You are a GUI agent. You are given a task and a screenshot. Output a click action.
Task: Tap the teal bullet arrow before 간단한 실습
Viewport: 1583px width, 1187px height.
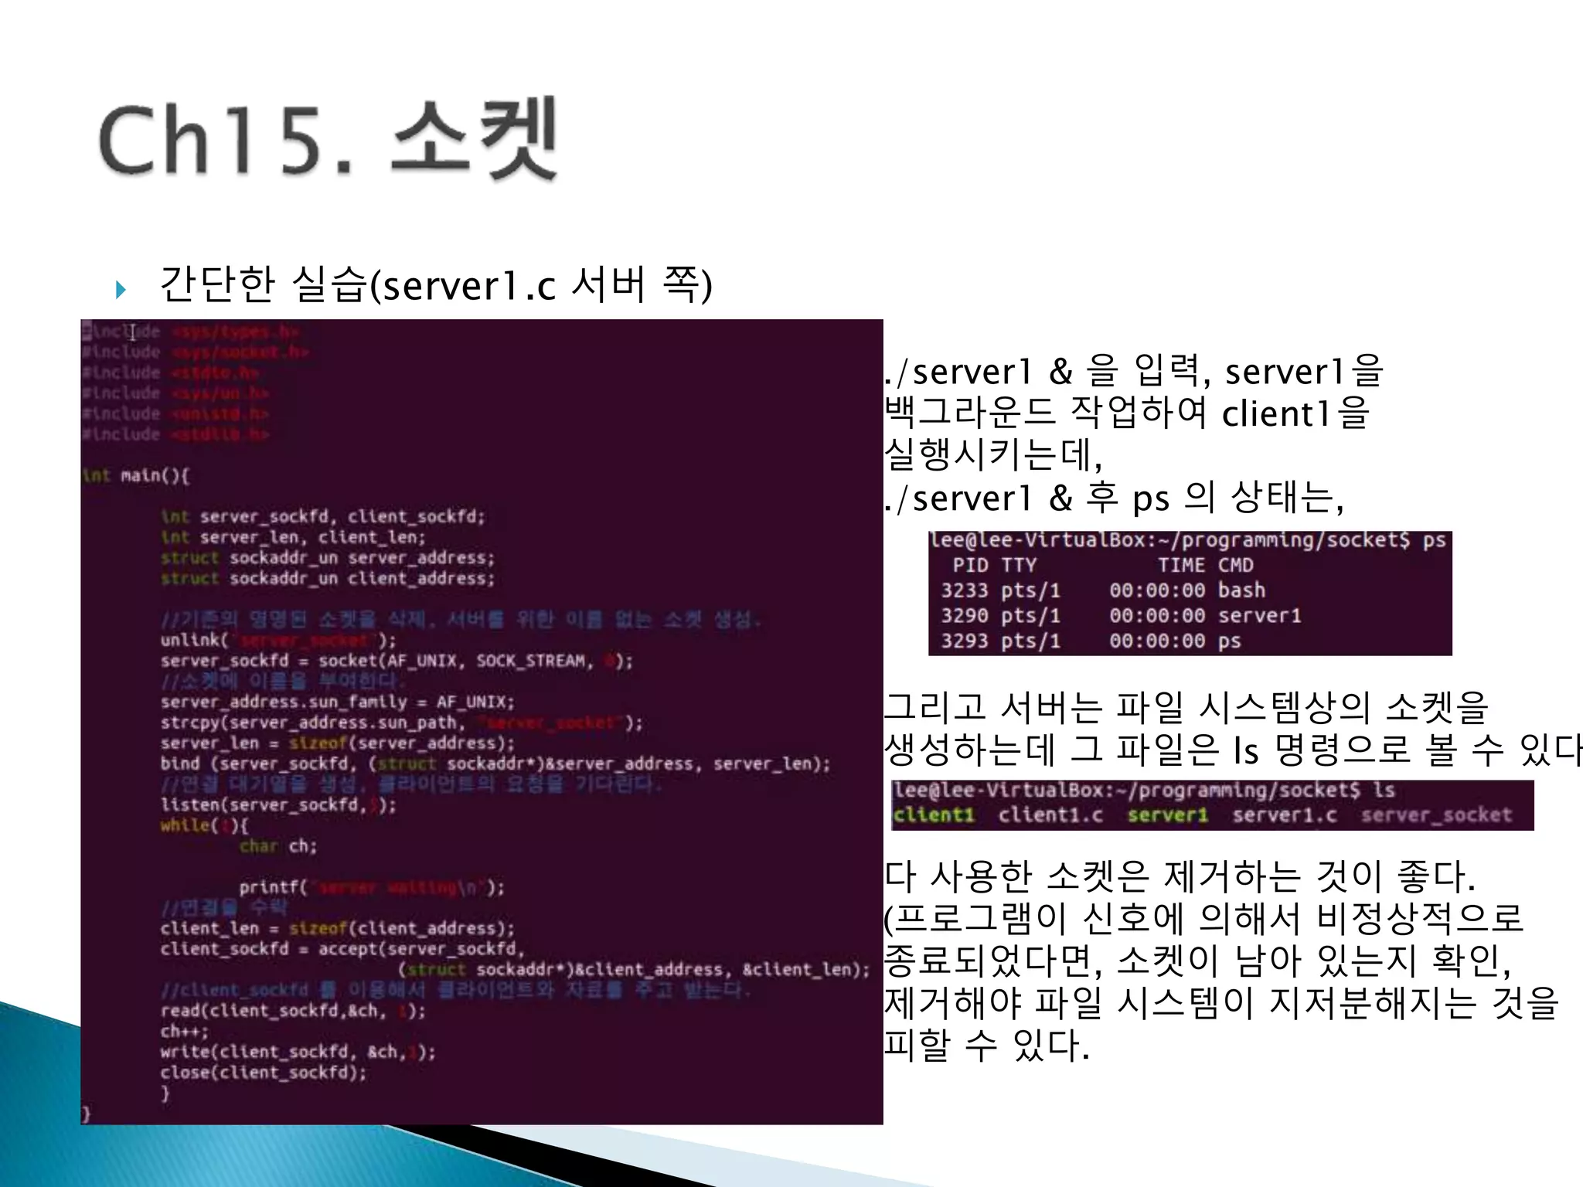click(x=121, y=290)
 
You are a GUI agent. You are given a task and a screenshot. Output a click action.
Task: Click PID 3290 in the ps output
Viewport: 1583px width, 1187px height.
click(x=964, y=616)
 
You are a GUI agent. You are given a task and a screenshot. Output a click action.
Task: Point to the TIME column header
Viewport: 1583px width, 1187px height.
click(x=1181, y=566)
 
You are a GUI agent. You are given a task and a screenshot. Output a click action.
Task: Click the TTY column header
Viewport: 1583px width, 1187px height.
click(x=1019, y=566)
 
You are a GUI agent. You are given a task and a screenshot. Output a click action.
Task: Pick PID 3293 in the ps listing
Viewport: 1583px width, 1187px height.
click(x=964, y=641)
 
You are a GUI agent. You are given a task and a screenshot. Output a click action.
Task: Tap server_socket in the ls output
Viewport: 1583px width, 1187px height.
click(x=1436, y=815)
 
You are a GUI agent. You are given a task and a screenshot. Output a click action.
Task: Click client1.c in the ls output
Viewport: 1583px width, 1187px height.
click(x=1050, y=815)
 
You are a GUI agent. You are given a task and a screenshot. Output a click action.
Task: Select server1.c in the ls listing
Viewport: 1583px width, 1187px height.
click(x=1284, y=815)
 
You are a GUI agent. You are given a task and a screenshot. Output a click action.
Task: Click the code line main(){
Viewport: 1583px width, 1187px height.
click(x=154, y=475)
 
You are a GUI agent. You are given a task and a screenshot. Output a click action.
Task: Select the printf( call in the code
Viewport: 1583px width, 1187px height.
click(x=273, y=887)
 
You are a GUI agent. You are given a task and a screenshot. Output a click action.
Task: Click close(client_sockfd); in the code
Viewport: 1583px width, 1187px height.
click(x=263, y=1073)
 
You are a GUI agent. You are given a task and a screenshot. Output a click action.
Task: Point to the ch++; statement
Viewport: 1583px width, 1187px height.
click(x=184, y=1032)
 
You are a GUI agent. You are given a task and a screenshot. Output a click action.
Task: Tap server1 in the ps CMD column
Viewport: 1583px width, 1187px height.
click(x=1259, y=616)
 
